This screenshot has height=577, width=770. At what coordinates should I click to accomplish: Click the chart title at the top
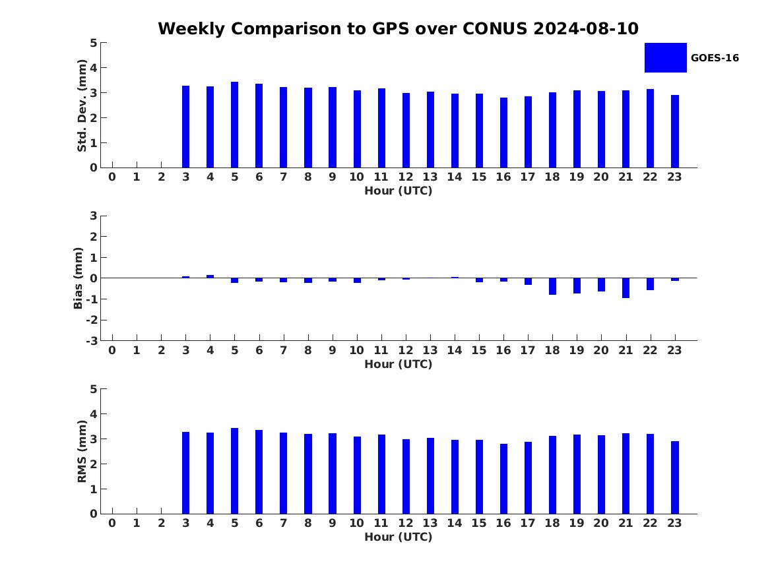[398, 29]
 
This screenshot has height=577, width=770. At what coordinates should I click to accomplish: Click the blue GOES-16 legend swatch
[665, 57]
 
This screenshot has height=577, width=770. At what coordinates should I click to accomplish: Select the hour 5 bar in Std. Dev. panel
[234, 125]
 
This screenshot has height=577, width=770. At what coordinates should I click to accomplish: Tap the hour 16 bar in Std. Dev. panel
[503, 133]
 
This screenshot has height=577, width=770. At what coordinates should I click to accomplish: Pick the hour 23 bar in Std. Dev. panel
[675, 131]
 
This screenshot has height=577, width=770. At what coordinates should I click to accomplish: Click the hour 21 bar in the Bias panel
[626, 288]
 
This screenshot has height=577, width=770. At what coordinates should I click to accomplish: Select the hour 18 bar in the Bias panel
[552, 286]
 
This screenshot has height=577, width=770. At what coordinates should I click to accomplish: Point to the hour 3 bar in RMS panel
[185, 473]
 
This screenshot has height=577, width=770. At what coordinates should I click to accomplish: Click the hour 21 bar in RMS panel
[626, 473]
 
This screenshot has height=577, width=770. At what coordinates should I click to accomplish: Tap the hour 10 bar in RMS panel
[357, 475]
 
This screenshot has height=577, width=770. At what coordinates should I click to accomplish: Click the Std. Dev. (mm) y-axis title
[82, 106]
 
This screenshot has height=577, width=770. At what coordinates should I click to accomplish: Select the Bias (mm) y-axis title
[79, 278]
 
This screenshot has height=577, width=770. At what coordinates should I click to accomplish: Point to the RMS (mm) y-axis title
[82, 451]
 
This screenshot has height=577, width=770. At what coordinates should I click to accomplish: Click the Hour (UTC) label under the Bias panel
[398, 364]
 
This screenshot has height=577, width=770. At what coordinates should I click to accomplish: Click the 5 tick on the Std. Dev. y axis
[94, 43]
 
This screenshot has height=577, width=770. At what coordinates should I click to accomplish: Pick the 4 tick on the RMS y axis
[94, 414]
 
